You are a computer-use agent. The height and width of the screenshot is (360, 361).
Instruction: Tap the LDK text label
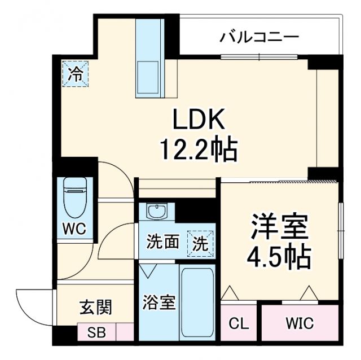pyautogui.click(x=199, y=120)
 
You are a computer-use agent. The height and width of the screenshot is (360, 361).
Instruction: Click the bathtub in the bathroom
pyautogui.click(x=196, y=302)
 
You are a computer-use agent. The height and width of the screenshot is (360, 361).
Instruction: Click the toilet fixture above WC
pyautogui.click(x=74, y=198)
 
